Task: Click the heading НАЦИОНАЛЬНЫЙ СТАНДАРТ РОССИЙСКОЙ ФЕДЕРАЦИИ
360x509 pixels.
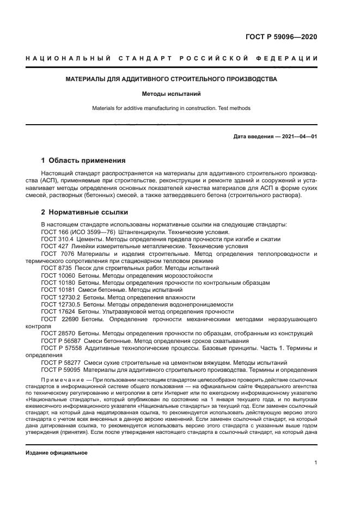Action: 172,58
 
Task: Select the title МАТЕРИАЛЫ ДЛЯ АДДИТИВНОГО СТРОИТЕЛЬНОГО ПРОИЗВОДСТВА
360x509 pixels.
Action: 172,79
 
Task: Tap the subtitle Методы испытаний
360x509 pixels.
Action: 172,94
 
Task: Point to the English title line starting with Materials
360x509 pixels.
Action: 172,108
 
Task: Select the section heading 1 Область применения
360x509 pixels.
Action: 83,161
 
